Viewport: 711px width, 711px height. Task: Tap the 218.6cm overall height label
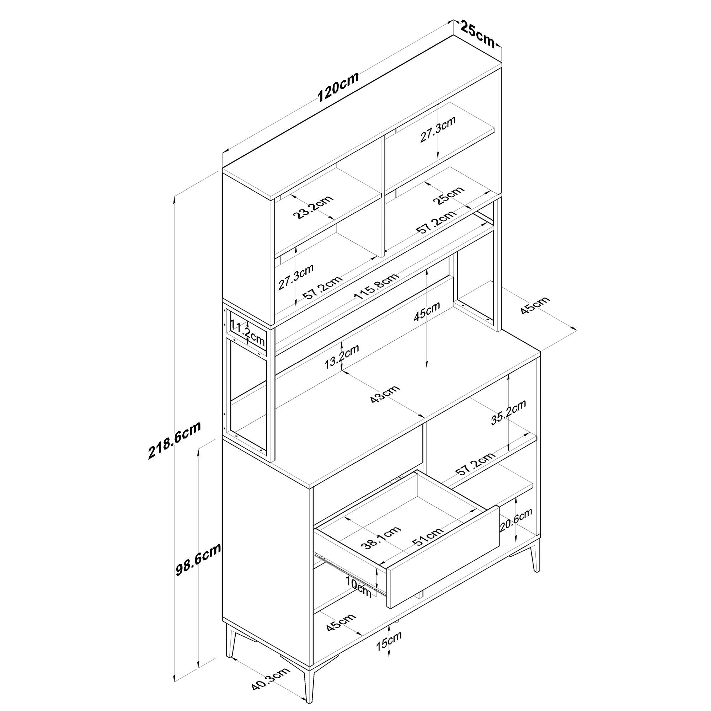coord(175,440)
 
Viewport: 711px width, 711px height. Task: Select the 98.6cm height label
coord(198,565)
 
